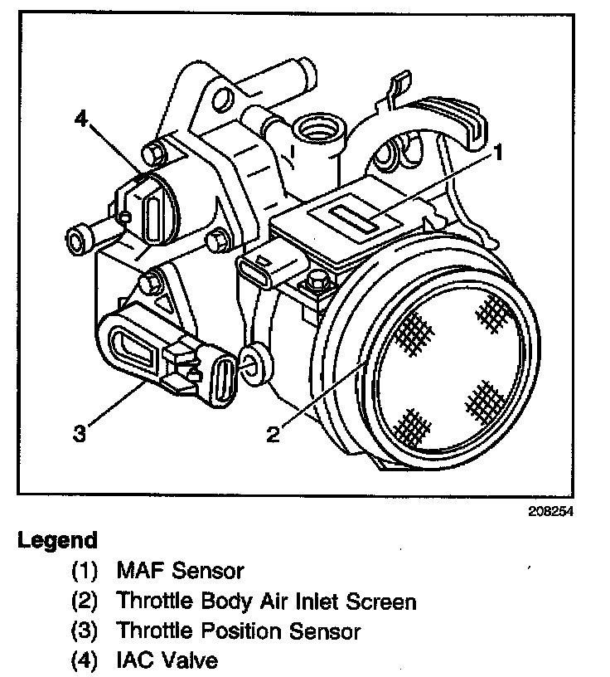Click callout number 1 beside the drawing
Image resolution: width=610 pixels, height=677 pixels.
click(x=500, y=151)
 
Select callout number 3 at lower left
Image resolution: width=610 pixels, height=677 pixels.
click(x=80, y=434)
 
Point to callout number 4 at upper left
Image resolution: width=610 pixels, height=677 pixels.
click(x=80, y=119)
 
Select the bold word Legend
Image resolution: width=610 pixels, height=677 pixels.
click(x=57, y=540)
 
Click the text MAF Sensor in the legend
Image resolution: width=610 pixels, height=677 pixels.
click(x=180, y=571)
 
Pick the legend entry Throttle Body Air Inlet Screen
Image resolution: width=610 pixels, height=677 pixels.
click(x=266, y=601)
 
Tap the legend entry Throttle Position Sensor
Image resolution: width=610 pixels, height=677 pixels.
click(x=239, y=631)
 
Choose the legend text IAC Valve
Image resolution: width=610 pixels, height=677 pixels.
click(x=168, y=661)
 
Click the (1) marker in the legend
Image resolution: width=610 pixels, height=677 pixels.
click(x=85, y=571)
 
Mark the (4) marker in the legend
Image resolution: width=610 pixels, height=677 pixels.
click(x=85, y=661)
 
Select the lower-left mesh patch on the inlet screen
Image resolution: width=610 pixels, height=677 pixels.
click(x=412, y=425)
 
